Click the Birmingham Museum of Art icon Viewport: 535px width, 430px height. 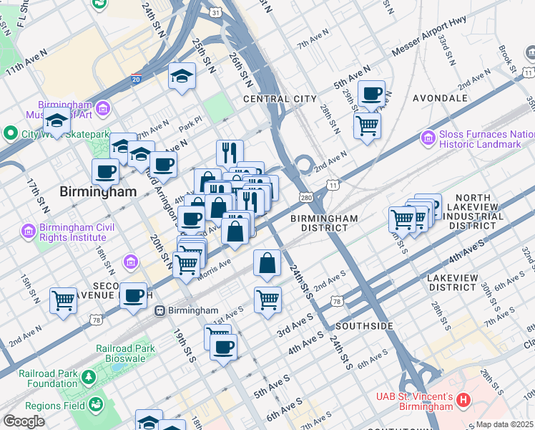(103, 108)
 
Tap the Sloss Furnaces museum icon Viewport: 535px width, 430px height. (428, 136)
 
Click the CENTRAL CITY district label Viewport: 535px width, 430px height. (279, 98)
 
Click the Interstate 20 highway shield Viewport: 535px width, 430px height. (136, 79)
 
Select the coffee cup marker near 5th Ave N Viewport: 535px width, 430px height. (371, 93)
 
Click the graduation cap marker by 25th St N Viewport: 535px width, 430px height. (182, 75)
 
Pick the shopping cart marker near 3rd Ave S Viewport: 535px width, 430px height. (267, 299)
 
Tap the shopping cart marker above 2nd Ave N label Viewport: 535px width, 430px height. (64, 300)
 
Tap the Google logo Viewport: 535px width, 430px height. (24, 421)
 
